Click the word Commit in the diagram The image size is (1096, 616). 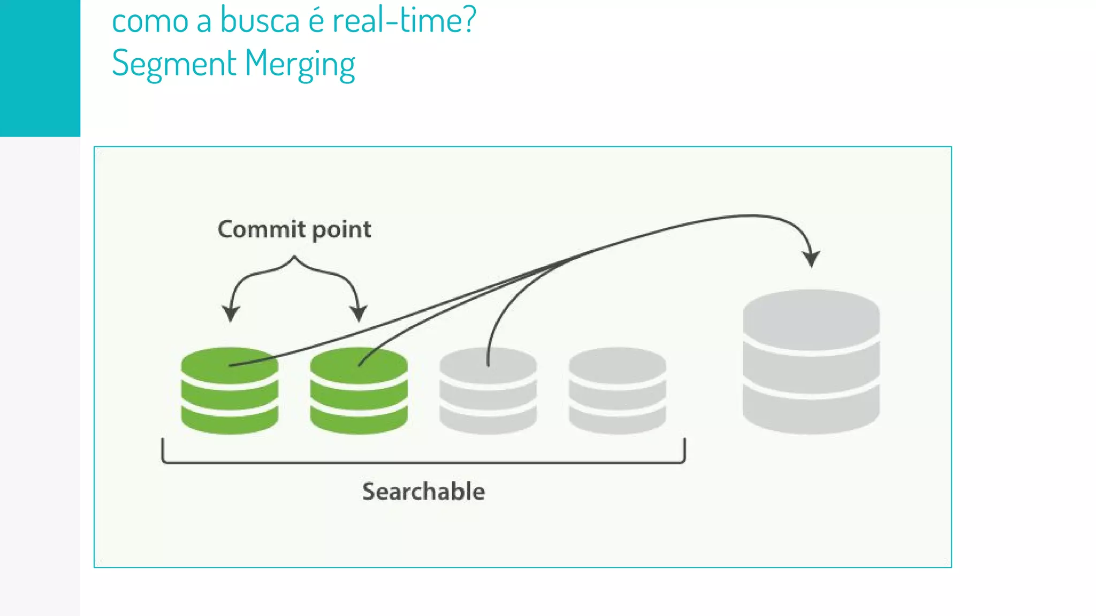click(261, 229)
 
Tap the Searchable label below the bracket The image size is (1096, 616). click(423, 491)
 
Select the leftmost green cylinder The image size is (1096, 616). click(230, 391)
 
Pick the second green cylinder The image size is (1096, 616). click(359, 391)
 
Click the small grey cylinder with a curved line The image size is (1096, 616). click(488, 391)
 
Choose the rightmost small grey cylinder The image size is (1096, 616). click(617, 391)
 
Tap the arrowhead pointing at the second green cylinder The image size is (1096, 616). click(358, 313)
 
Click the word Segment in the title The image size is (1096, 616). click(174, 64)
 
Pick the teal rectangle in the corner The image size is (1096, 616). click(40, 68)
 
